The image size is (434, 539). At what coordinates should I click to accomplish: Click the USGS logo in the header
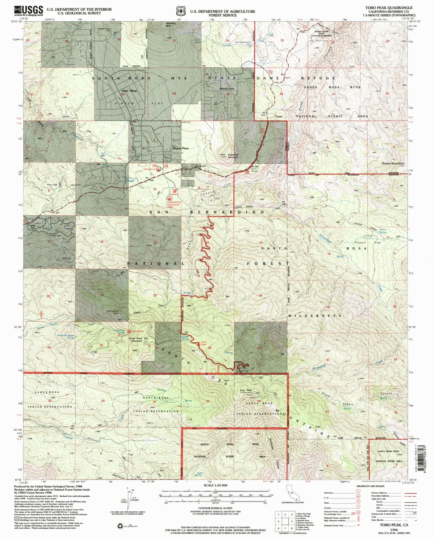[29, 11]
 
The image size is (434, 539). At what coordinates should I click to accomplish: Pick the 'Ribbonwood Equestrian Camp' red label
[174, 204]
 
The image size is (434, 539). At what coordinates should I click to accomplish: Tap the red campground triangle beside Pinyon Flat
[158, 169]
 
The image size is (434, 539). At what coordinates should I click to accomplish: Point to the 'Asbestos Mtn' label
[170, 25]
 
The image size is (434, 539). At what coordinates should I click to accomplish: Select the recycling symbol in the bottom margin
[120, 525]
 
